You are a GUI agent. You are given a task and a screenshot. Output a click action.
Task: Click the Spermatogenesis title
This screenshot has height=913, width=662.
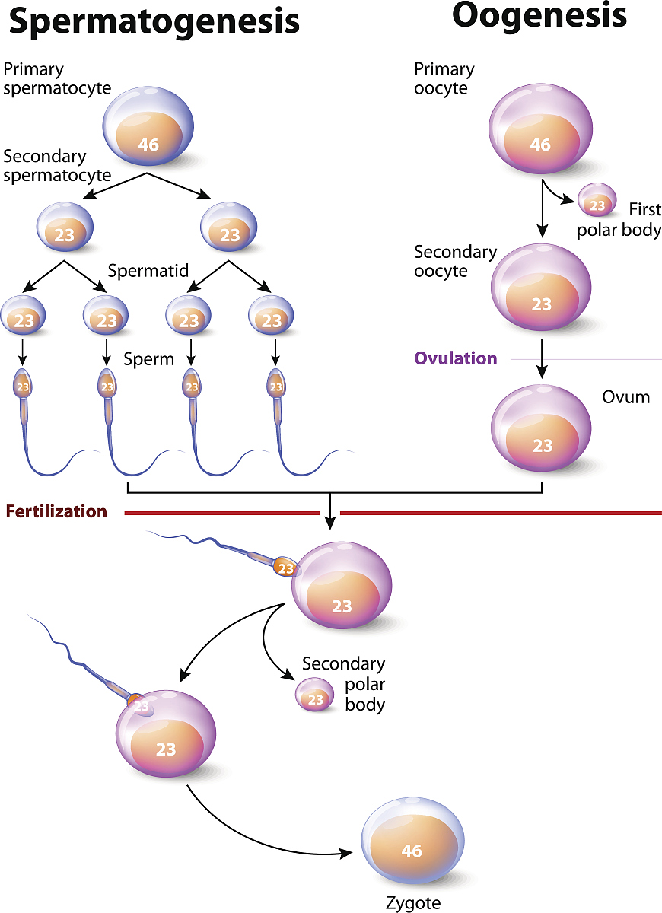click(154, 22)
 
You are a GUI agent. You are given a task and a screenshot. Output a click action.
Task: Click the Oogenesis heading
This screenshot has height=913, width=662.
click(539, 15)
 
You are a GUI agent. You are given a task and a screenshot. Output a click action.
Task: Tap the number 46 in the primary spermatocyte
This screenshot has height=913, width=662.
click(148, 143)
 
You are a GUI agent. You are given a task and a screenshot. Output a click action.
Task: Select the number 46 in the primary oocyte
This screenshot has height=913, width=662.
click(540, 145)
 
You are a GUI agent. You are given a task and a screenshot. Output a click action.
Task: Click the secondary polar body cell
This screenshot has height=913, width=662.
click(315, 695)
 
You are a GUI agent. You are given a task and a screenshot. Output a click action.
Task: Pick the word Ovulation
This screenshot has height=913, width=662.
click(456, 358)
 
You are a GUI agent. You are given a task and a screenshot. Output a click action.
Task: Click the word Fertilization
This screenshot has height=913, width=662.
click(56, 511)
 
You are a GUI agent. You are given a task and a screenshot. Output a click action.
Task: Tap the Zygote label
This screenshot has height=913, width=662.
click(413, 903)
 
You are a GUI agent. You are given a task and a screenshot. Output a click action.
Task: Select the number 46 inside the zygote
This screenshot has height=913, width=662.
click(412, 851)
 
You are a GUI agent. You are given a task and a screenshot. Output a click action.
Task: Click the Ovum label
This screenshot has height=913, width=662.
click(625, 397)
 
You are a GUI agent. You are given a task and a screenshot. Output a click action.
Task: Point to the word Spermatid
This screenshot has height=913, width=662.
click(148, 271)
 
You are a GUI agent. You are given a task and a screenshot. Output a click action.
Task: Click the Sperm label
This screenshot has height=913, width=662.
click(149, 359)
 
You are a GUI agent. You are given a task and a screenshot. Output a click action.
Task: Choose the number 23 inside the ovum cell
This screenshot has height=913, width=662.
click(543, 446)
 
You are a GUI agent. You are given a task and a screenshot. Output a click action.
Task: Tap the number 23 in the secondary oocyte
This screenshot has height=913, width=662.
click(541, 305)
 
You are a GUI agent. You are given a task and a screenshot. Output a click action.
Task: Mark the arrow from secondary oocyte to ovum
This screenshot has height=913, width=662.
click(542, 358)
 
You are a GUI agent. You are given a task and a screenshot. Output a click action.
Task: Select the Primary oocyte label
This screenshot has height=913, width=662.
click(444, 78)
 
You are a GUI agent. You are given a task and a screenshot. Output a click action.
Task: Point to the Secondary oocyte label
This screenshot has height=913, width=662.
click(455, 261)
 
